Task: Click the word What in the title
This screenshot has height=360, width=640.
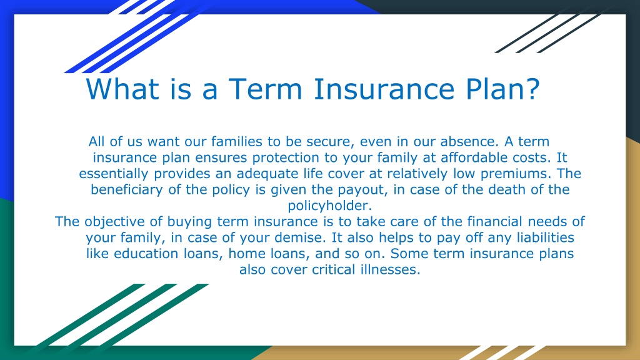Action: (x=122, y=89)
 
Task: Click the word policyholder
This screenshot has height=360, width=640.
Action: (x=330, y=206)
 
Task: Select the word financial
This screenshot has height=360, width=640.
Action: (x=494, y=221)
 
